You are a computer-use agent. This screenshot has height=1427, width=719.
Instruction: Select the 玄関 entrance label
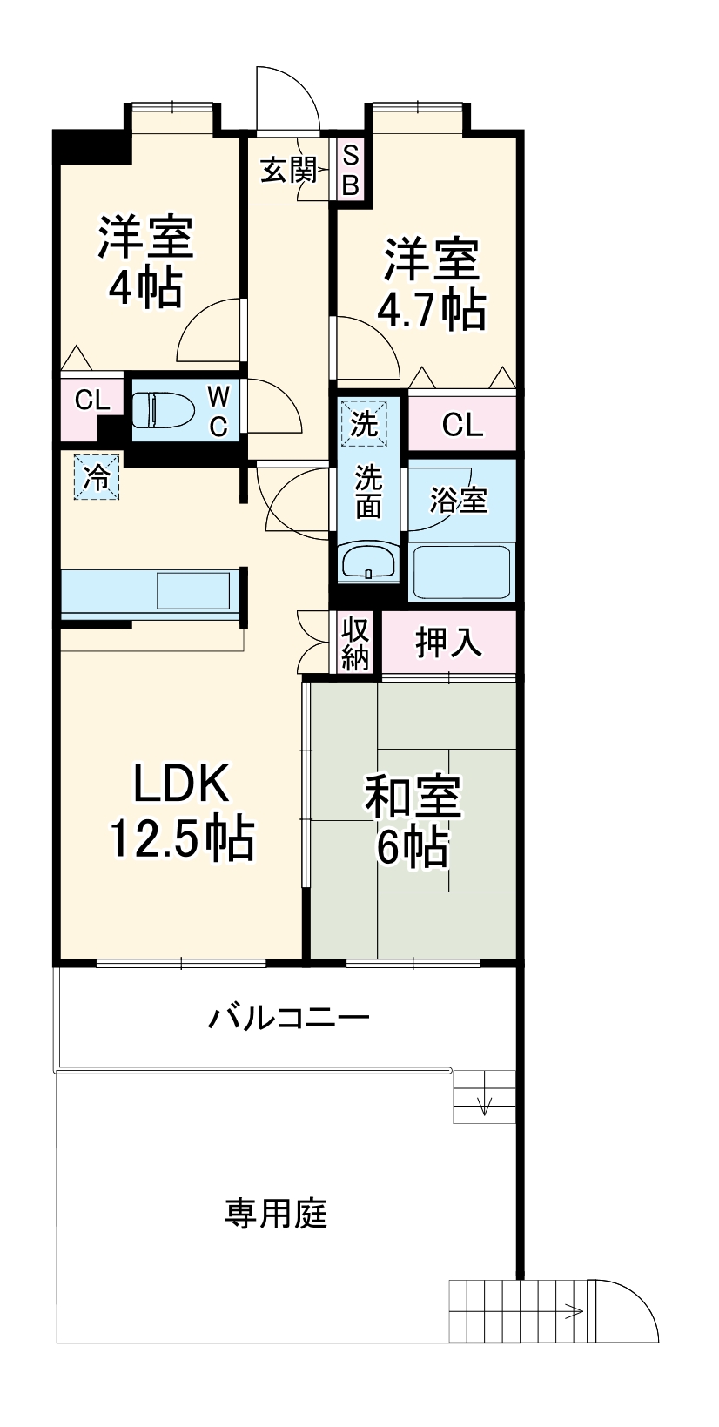click(x=288, y=170)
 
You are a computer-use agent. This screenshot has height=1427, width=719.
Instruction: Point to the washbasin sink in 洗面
click(x=368, y=562)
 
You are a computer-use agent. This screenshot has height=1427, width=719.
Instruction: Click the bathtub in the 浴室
click(x=460, y=571)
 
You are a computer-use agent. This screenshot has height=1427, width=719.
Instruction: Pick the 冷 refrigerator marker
click(x=97, y=478)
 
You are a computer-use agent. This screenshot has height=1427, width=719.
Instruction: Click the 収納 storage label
click(x=355, y=643)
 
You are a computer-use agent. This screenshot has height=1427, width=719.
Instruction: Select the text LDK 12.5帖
click(x=181, y=811)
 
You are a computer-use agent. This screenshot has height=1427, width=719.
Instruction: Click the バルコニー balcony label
click(x=288, y=1017)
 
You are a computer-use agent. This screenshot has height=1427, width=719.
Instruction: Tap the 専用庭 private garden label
click(x=276, y=1213)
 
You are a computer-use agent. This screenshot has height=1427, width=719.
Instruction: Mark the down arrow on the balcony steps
click(x=485, y=1103)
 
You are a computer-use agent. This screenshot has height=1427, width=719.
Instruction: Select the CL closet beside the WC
click(x=91, y=401)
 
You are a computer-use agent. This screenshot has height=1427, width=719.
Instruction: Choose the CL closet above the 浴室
click(x=462, y=424)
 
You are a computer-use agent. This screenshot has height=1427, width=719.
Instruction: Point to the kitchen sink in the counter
click(x=192, y=590)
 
